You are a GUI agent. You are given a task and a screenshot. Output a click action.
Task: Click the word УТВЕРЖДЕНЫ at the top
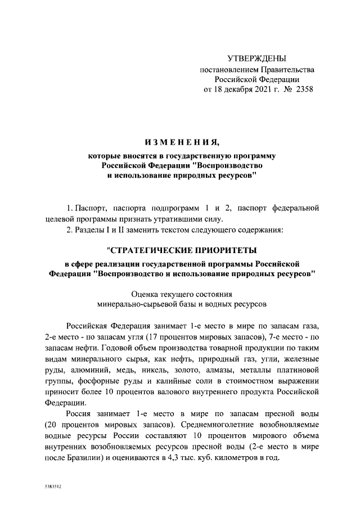tap(256, 58)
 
